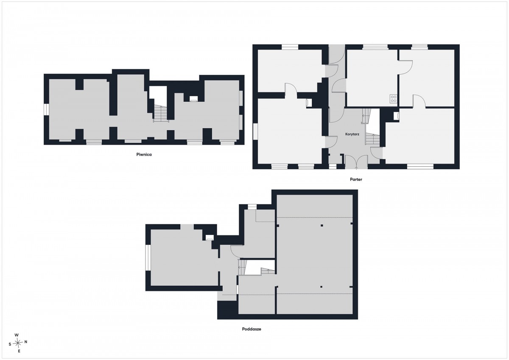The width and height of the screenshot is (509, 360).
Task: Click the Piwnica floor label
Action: click(144, 154)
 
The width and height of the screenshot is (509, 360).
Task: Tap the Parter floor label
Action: click(356, 179)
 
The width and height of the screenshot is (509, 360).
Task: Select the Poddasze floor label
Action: click(252, 329)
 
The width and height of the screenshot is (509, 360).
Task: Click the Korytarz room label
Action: click(352, 134)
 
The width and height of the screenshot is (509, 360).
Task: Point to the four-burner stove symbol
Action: click(393, 99)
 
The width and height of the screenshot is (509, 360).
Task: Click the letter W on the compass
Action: click(17, 335)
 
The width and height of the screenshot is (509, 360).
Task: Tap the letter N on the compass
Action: click(26, 342)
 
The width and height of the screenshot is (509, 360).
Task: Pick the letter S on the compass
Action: click(10, 344)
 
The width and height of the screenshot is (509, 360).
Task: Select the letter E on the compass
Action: click(19, 351)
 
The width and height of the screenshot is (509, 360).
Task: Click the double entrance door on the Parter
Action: click(356, 162)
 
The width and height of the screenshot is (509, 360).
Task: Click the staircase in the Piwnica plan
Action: click(161, 114)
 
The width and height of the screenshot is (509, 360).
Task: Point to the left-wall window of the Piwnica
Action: click(46, 109)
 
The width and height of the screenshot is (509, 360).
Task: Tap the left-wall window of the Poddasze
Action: click(148, 257)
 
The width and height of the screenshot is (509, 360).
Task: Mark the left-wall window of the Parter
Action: click(255, 131)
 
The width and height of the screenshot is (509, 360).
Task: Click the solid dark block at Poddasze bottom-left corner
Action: click(228, 310)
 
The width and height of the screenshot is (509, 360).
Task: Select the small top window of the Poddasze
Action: click(252, 207)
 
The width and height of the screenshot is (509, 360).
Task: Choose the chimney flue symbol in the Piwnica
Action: click(193, 98)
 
